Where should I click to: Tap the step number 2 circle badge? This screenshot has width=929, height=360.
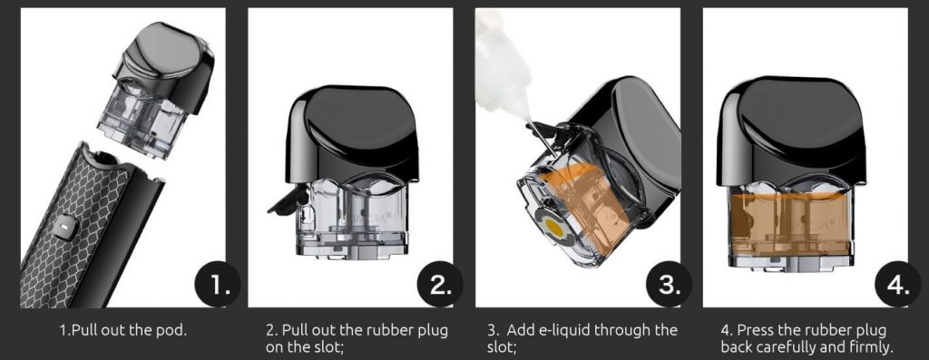pyautogui.click(x=440, y=284)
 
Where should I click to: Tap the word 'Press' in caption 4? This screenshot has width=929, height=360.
pyautogui.click(x=753, y=329)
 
